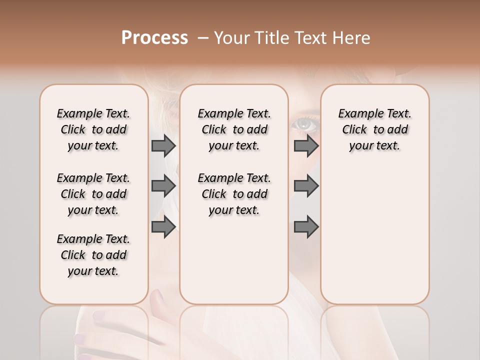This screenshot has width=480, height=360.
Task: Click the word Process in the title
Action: [x=154, y=38]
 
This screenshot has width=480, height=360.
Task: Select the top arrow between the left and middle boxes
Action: [x=163, y=145]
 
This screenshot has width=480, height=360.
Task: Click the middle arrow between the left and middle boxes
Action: [x=163, y=186]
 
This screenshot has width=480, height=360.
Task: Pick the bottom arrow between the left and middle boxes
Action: [x=163, y=227]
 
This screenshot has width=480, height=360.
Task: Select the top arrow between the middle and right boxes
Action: [x=306, y=145]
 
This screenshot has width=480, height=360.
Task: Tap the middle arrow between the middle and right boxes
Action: [x=306, y=186]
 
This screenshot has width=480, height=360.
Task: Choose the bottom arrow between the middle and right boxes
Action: [x=306, y=227]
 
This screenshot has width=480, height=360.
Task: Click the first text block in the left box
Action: [x=93, y=129]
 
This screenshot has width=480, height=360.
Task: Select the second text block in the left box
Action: [x=93, y=194]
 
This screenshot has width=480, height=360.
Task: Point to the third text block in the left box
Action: [x=93, y=255]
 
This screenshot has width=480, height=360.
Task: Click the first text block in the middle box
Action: [x=234, y=129]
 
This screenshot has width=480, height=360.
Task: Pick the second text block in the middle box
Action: [x=234, y=194]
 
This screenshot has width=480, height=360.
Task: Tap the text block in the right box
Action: [x=375, y=129]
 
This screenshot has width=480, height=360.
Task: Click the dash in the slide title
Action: [x=203, y=38]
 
